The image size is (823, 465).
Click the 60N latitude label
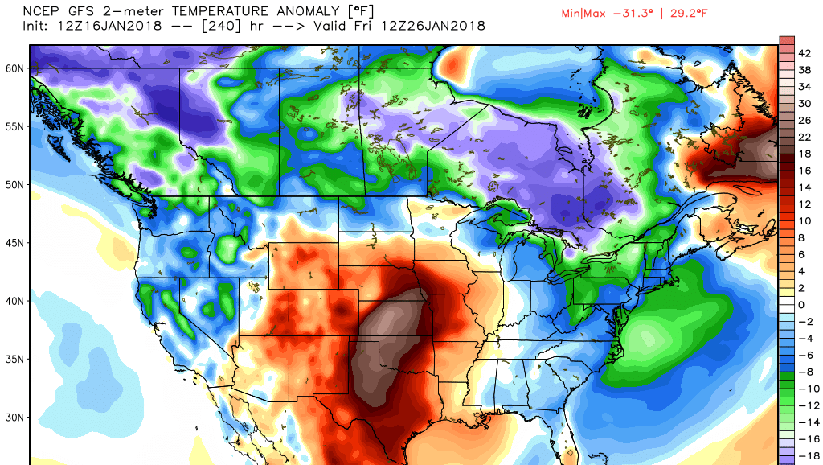tap(14, 68)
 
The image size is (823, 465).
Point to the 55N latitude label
tap(14, 126)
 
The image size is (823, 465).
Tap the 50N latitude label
tap(14, 184)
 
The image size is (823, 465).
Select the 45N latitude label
tap(14, 242)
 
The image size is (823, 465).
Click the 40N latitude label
tap(14, 301)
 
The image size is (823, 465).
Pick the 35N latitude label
tap(14, 359)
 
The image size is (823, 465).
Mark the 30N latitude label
tap(14, 417)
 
